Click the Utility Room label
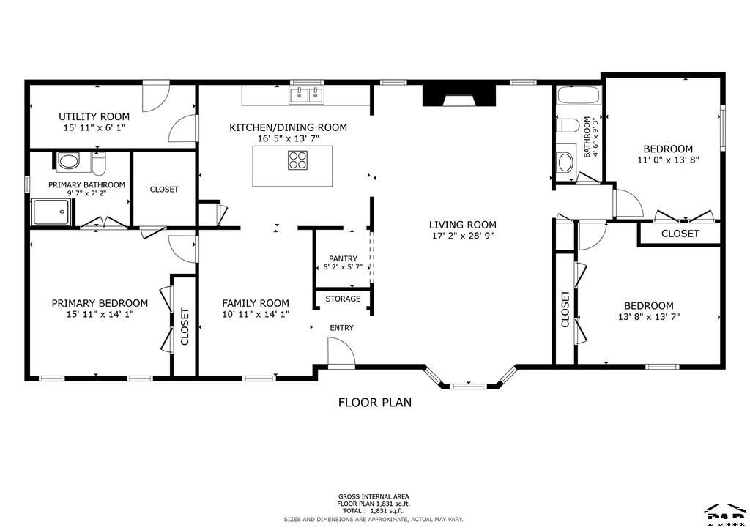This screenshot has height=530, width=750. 94,116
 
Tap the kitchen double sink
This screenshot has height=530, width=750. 306,95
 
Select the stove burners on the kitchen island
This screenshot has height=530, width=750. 297,160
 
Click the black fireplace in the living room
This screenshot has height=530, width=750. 458,96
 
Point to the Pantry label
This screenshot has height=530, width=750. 343,258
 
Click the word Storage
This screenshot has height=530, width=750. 343,299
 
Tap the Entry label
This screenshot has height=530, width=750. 341,328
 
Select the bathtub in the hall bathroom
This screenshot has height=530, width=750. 579,95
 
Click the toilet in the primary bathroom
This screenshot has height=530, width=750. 99,163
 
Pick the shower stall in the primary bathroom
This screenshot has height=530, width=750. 52,212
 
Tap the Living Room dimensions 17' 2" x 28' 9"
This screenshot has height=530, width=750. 463,236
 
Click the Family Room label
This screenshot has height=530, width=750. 256,303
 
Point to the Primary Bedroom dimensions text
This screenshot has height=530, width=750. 100,315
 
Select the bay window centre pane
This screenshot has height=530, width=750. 462,386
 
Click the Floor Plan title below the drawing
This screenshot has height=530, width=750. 375,403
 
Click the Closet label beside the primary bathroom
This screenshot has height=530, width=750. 164,190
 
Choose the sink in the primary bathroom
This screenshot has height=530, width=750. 68,161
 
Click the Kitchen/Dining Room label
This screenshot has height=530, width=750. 288,127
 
